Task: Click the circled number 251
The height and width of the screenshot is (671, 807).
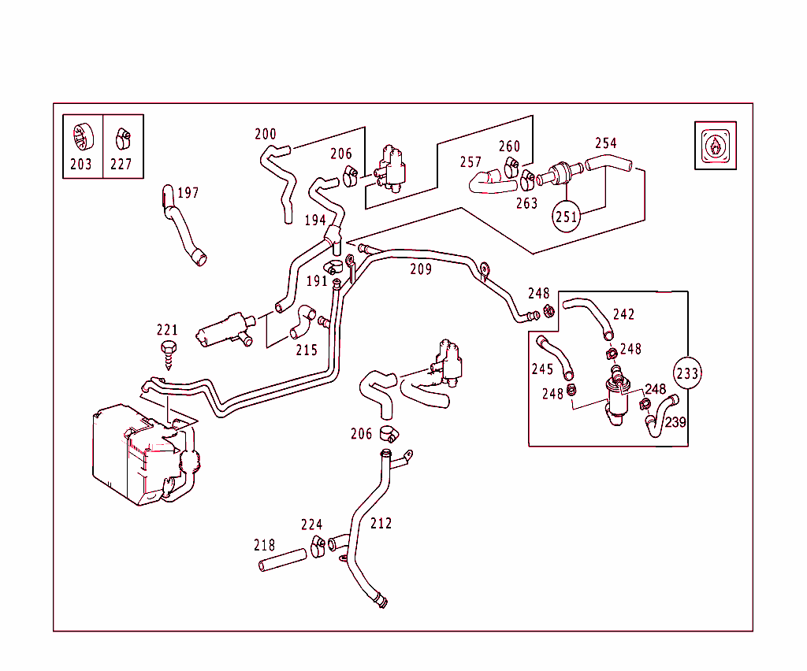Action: point(567,217)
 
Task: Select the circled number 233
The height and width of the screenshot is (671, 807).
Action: point(688,373)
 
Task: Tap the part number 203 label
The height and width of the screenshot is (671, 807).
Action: point(81,164)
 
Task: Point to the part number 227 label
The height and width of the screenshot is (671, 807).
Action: point(121,164)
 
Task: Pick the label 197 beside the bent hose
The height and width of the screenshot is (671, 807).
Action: point(188,193)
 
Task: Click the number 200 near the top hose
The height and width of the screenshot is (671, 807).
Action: point(266,134)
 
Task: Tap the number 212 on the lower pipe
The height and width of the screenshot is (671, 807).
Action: point(381,523)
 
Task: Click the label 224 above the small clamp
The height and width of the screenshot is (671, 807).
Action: point(311,525)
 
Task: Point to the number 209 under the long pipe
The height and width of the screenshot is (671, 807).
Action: point(421,269)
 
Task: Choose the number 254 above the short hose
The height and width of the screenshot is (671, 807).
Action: point(606,143)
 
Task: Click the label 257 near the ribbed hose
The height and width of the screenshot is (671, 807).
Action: point(470,162)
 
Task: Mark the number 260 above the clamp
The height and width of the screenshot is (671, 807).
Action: point(510,146)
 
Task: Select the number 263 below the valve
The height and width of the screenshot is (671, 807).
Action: point(526,203)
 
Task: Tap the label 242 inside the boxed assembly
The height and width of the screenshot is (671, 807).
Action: point(623,314)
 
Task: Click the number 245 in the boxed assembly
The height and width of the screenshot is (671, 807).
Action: point(542,369)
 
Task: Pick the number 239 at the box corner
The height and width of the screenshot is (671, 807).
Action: point(675,422)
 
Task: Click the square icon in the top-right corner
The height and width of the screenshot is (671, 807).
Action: point(715,145)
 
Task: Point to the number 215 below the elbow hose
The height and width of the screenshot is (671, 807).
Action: point(307,350)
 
